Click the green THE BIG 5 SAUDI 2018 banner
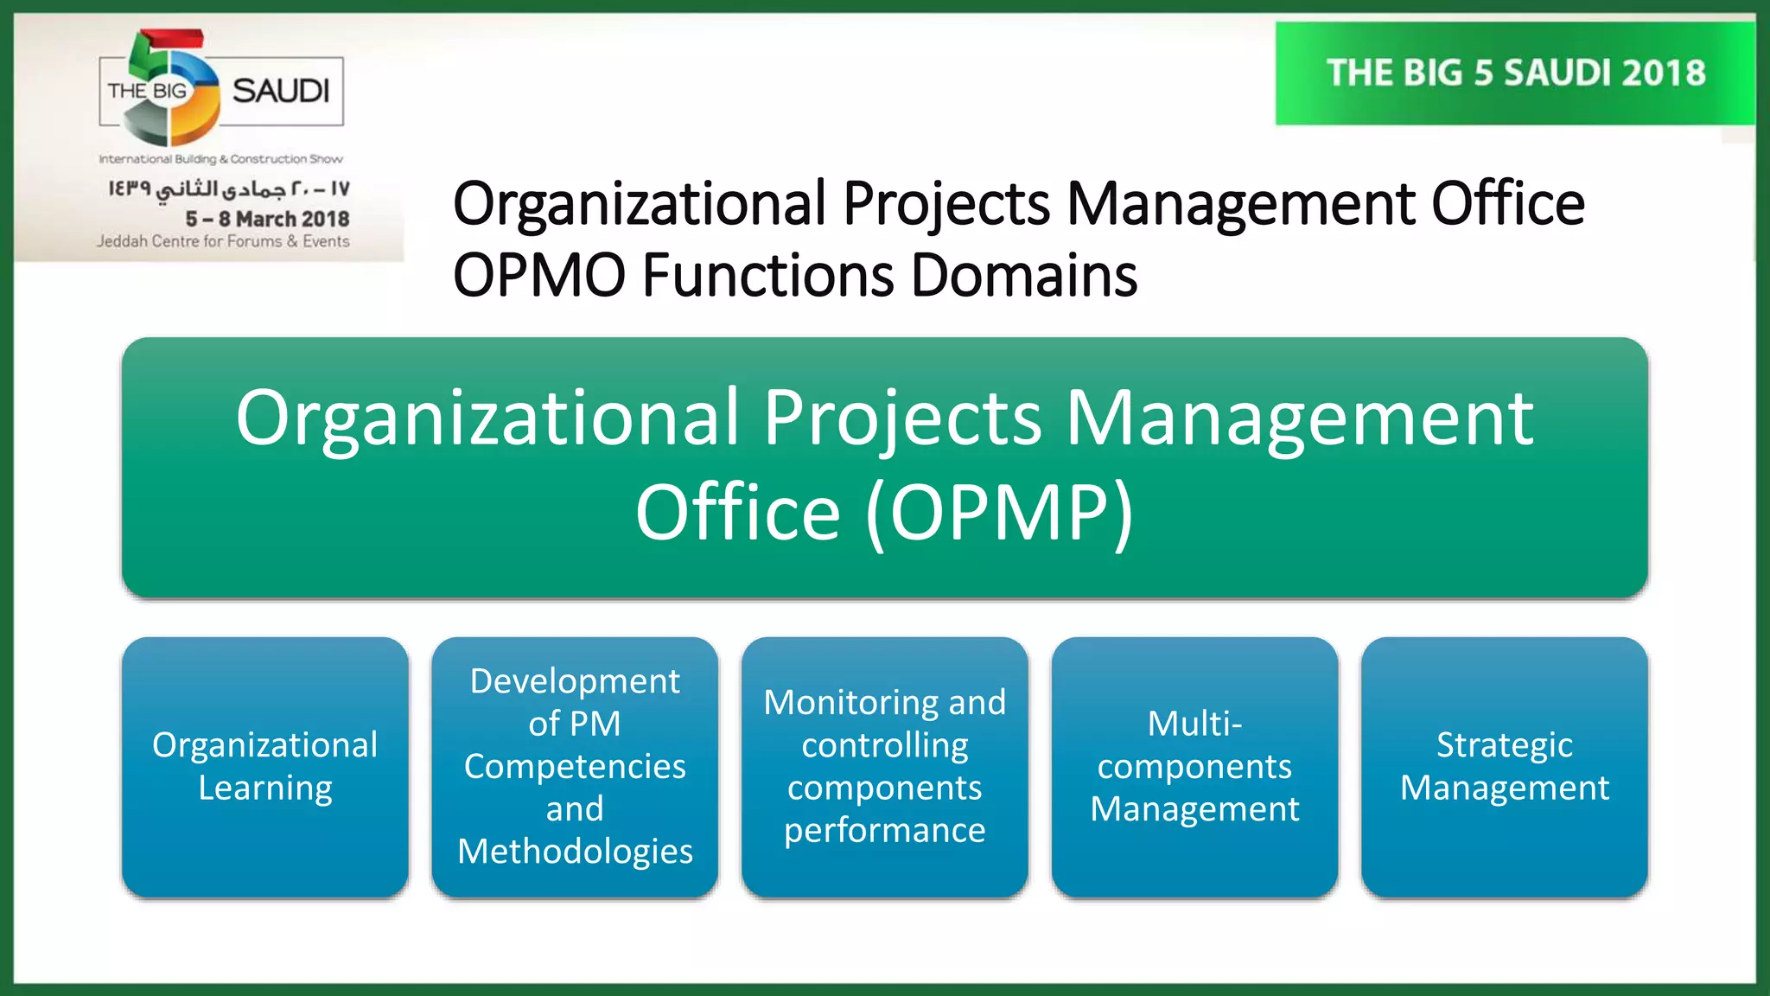pos(1515,73)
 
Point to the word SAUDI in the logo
pos(281,91)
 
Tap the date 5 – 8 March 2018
pos(267,219)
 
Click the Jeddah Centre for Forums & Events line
pos(223,241)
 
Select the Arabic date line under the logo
pos(228,188)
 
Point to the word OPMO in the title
pos(539,276)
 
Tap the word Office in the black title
pos(1507,204)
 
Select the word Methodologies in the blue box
pos(575,852)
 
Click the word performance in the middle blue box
pos(884,830)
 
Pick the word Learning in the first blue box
pos(264,788)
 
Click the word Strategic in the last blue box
pos(1504,745)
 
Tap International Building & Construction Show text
pos(220,159)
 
